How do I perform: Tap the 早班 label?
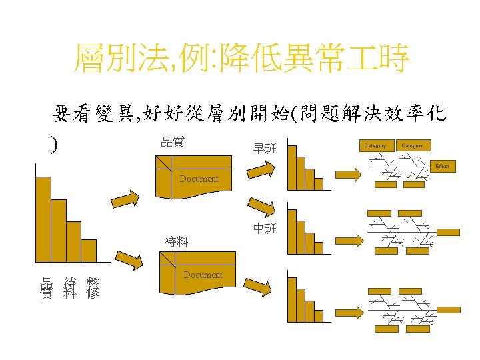coord(265,149)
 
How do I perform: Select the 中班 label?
coord(265,229)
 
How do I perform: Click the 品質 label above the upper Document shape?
coord(173,141)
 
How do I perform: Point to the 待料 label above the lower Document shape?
coord(177,242)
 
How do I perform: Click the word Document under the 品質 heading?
coord(199,179)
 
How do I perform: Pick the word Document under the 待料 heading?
coord(203,275)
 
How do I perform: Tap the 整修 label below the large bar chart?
coord(93,287)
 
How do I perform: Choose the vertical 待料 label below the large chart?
coord(69,287)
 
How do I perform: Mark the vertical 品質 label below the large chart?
coord(46,287)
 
